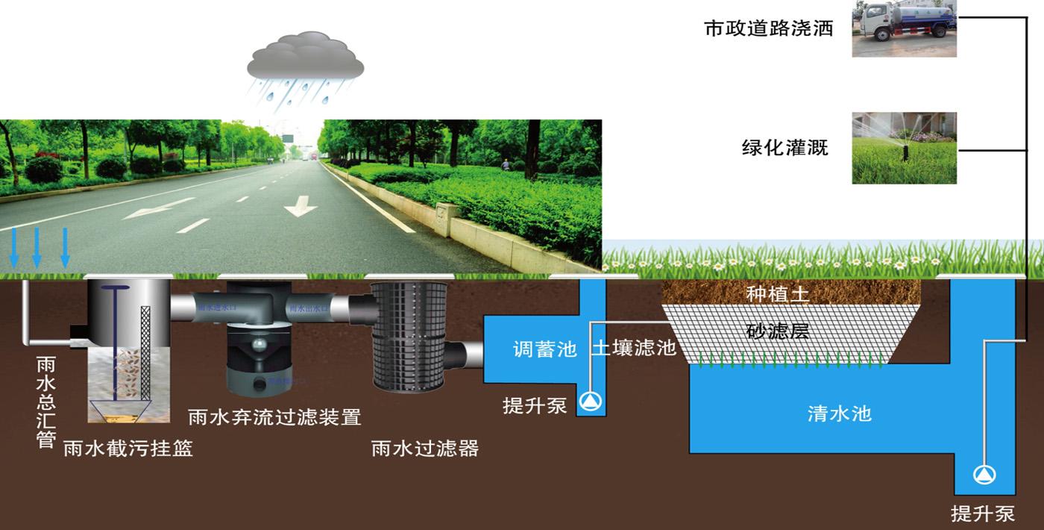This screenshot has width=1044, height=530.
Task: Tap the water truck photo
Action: tap(904, 29)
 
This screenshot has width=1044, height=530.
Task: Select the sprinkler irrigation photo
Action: tap(904, 148)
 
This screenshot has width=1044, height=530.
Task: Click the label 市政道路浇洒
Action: tap(768, 29)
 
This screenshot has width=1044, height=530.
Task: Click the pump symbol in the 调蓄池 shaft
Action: tap(593, 402)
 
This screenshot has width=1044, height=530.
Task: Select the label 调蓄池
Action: tap(544, 349)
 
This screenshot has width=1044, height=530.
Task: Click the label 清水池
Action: tap(839, 413)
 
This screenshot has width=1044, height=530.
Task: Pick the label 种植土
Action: tap(778, 294)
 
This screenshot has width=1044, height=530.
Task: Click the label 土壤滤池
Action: tap(634, 347)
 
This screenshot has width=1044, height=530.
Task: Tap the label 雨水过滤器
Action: tap(424, 448)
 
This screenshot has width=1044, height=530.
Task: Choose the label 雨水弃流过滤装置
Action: tap(274, 416)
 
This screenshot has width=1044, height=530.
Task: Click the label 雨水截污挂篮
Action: tap(128, 448)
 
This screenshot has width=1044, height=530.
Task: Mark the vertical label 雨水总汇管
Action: tap(45, 402)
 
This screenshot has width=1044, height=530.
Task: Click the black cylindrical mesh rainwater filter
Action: tap(410, 336)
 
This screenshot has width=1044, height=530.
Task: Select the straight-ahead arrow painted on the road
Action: tap(301, 205)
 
